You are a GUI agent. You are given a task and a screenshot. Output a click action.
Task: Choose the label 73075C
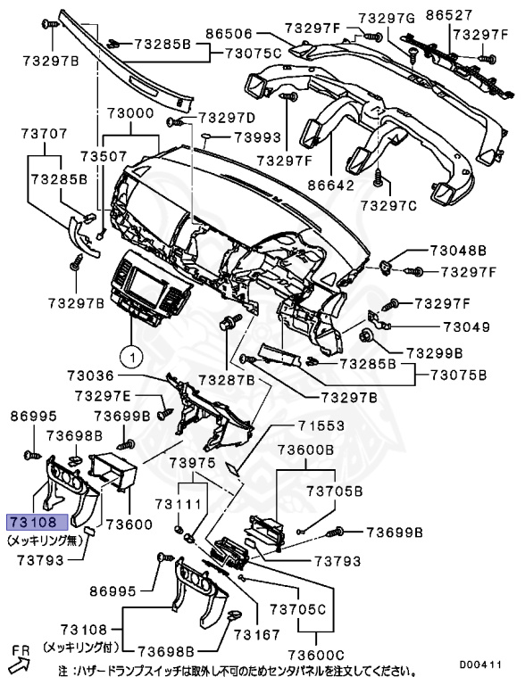(253, 54)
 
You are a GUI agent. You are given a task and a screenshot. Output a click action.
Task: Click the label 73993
(258, 138)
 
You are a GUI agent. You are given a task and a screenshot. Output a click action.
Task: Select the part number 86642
(329, 186)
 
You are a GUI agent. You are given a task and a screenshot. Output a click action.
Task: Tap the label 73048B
(458, 252)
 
